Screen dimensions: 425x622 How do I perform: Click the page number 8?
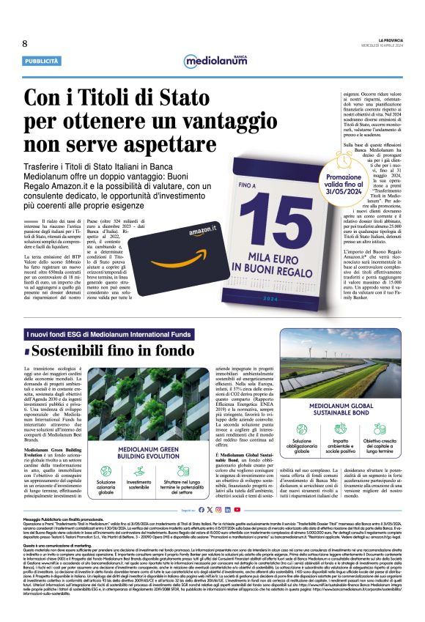25,43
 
